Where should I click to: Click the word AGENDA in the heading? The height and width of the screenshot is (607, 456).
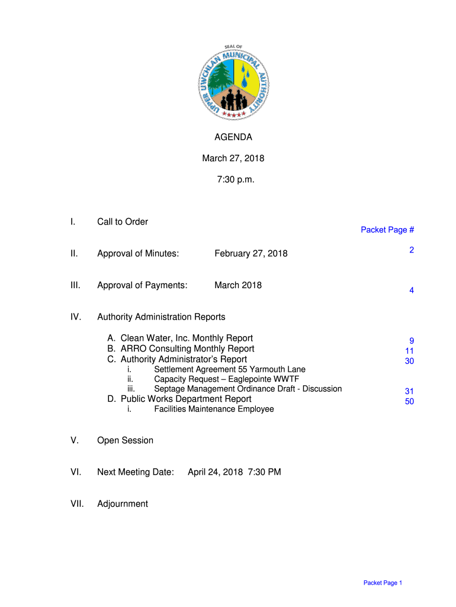(233, 138)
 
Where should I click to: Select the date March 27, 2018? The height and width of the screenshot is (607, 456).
(233, 158)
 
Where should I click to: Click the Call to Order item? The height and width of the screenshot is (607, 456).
(123, 222)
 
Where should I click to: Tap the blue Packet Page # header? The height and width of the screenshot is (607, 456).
(387, 230)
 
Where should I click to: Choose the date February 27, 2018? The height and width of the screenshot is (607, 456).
(251, 254)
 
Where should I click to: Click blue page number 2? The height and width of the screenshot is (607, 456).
(411, 251)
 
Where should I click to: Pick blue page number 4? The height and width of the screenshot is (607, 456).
(411, 290)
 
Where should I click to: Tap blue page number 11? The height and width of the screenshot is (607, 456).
(409, 351)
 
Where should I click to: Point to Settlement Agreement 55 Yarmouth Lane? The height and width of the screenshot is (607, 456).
(230, 370)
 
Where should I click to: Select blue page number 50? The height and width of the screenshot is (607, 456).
(409, 402)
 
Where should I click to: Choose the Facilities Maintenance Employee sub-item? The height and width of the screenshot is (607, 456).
(214, 409)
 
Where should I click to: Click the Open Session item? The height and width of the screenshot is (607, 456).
(125, 440)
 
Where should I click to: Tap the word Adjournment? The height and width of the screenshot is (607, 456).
(123, 504)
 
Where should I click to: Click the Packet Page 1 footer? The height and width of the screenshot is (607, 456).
(383, 583)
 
